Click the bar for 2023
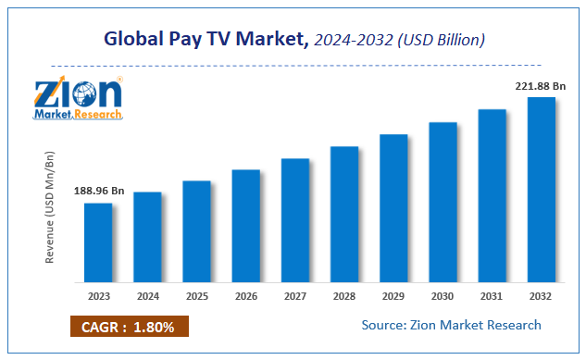98,242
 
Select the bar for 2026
245,226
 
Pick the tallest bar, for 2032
541,190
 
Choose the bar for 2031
492,195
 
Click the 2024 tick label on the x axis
147,297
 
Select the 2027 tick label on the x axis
294,297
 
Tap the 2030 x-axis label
443,297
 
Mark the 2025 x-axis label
196,297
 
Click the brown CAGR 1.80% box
129,327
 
